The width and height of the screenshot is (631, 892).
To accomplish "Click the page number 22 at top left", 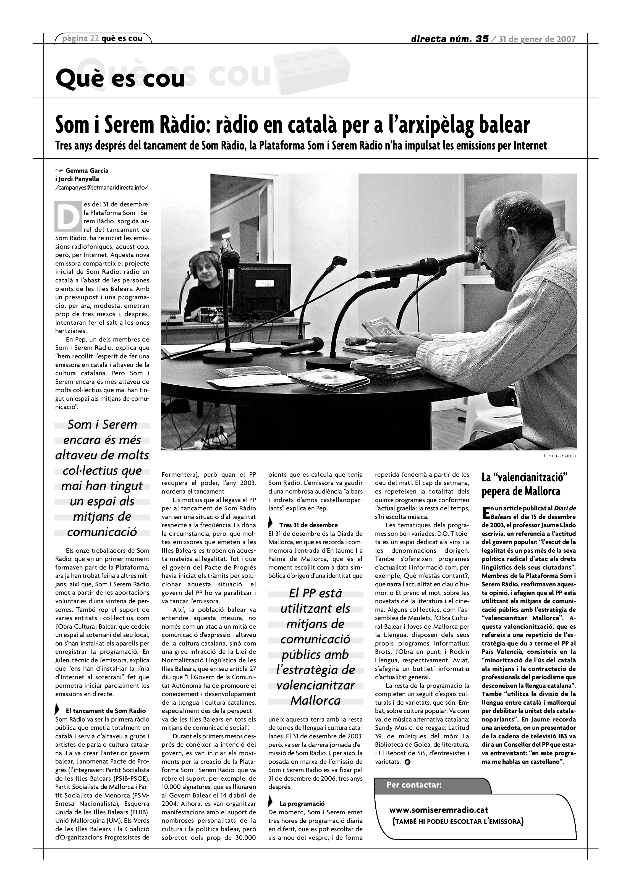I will click(95, 38).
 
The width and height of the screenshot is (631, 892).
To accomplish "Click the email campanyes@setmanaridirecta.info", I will click(102, 187).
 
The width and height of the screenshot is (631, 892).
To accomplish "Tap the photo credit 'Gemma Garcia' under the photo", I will click(559, 456).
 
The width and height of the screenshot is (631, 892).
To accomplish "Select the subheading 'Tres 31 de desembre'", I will click(308, 525).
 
